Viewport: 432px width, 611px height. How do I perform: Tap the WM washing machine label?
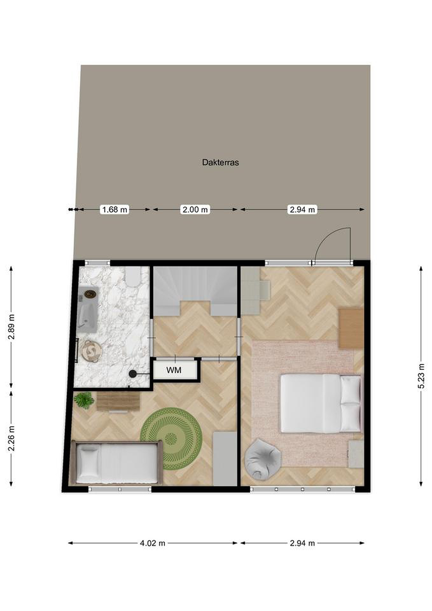[174, 370]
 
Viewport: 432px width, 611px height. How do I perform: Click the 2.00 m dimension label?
[195, 209]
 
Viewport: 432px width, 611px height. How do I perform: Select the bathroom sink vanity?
[87, 310]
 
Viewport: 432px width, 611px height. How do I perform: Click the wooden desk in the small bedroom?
[118, 402]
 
